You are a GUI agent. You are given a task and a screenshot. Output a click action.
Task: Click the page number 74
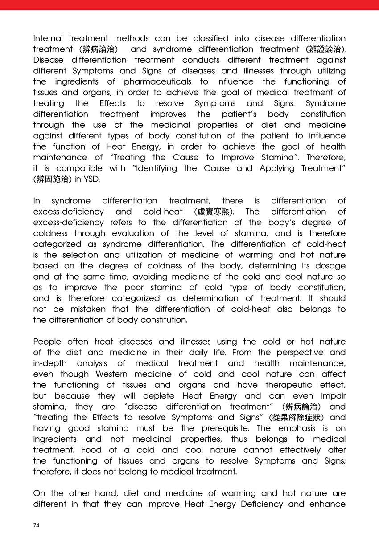click(x=37, y=525)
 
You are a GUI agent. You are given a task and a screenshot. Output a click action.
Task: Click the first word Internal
click(x=48, y=38)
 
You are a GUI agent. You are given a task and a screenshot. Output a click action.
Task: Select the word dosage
click(x=329, y=266)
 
